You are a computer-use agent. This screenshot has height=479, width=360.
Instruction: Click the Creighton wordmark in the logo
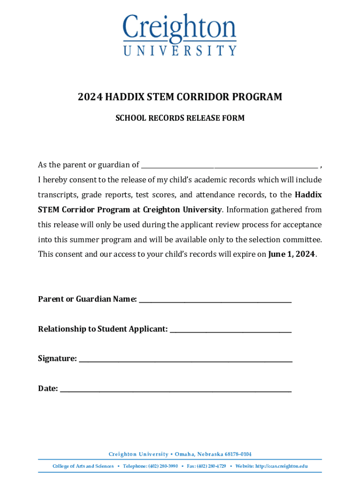pyautogui.click(x=180, y=28)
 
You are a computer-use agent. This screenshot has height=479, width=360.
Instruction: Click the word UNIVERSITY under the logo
pyautogui.click(x=180, y=50)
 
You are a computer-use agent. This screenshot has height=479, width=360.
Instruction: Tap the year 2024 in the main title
pyautogui.click(x=90, y=97)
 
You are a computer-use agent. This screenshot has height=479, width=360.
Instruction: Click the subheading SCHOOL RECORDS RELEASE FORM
pyautogui.click(x=180, y=118)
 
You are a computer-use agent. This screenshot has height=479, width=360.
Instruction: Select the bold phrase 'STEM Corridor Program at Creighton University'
pyautogui.click(x=130, y=210)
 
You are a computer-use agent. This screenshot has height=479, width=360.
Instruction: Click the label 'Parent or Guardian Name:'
pyautogui.click(x=87, y=299)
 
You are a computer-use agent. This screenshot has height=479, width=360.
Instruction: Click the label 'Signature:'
pyautogui.click(x=58, y=359)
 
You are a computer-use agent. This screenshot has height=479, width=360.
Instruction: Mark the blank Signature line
pyautogui.click(x=186, y=360)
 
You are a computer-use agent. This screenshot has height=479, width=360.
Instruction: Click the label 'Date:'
pyautogui.click(x=48, y=388)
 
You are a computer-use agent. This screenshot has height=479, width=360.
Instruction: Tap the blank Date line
pyautogui.click(x=176, y=390)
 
